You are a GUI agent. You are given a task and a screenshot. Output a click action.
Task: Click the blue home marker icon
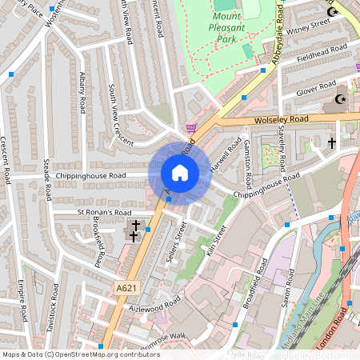180,172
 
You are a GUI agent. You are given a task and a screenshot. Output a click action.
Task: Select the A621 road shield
126,288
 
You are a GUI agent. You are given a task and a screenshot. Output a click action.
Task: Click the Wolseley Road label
281,119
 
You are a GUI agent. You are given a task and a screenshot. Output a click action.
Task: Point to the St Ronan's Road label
103,213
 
